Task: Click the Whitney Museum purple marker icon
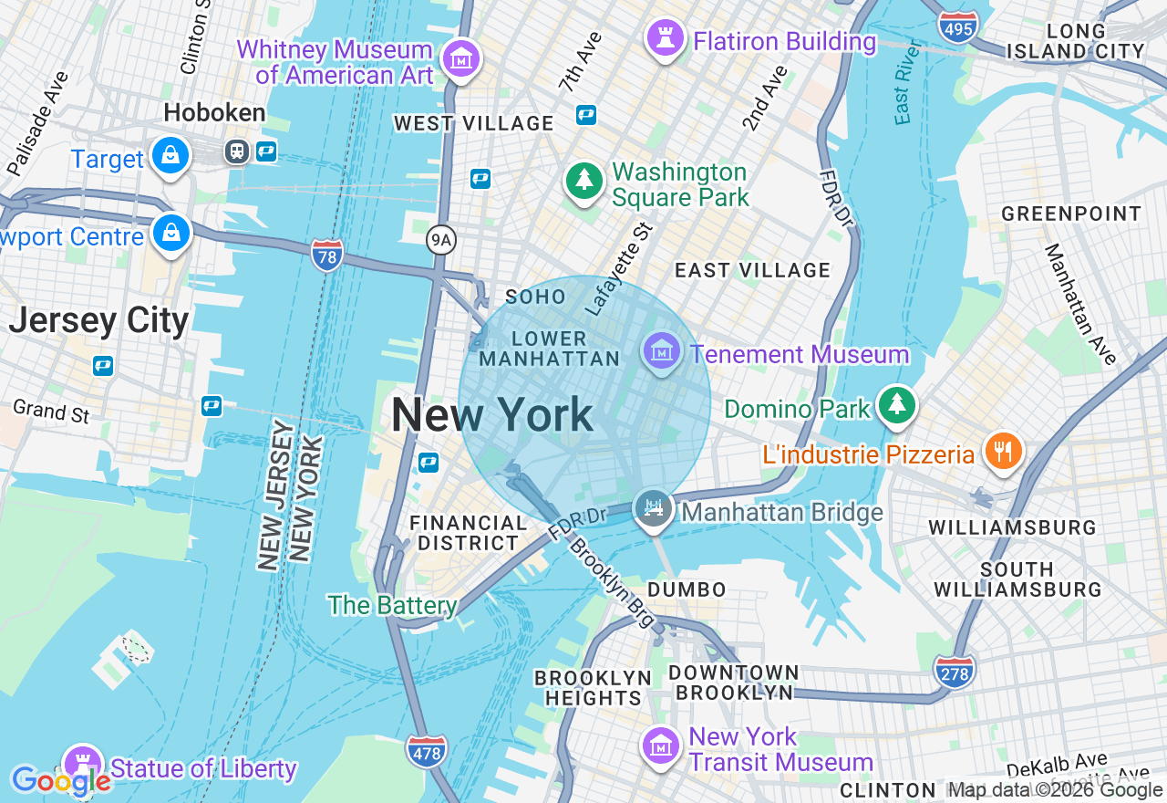pos(461,59)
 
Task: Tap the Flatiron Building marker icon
pos(666,38)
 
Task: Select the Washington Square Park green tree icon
pos(583,180)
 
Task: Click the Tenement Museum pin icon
pos(661,351)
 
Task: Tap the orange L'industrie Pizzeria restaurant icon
pos(1004,451)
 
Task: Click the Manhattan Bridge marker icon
pos(653,508)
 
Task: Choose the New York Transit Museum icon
pos(661,746)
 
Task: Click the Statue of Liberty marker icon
pos(82,763)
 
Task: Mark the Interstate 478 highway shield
pos(427,751)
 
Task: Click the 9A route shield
pos(441,240)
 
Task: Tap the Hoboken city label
pos(215,113)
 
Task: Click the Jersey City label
pos(98,321)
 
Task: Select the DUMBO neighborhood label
pos(687,590)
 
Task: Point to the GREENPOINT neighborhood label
pos(1071,214)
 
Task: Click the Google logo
pos(61,781)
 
